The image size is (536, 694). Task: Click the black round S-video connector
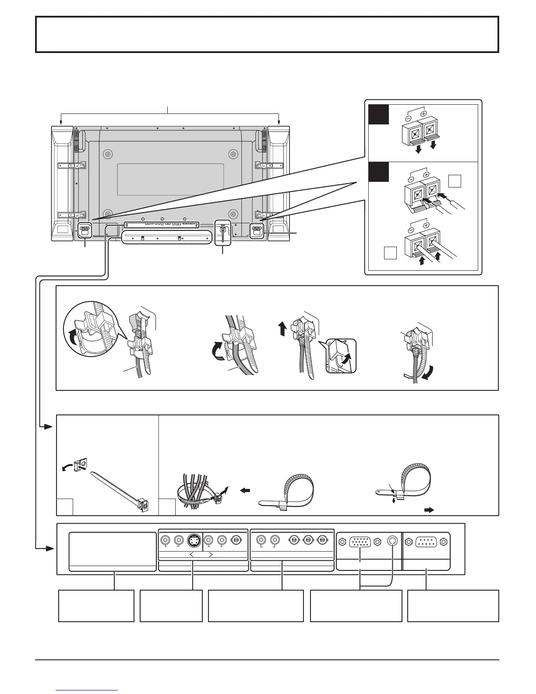point(193,541)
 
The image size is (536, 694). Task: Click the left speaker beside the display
point(62,183)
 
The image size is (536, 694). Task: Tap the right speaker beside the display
point(279,183)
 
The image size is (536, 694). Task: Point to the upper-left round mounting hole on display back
point(107,154)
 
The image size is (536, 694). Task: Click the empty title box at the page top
point(267,34)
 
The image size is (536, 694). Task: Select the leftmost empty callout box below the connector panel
point(96,605)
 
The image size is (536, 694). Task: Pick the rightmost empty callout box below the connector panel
point(453,605)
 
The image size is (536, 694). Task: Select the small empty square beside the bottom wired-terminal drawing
point(390,253)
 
